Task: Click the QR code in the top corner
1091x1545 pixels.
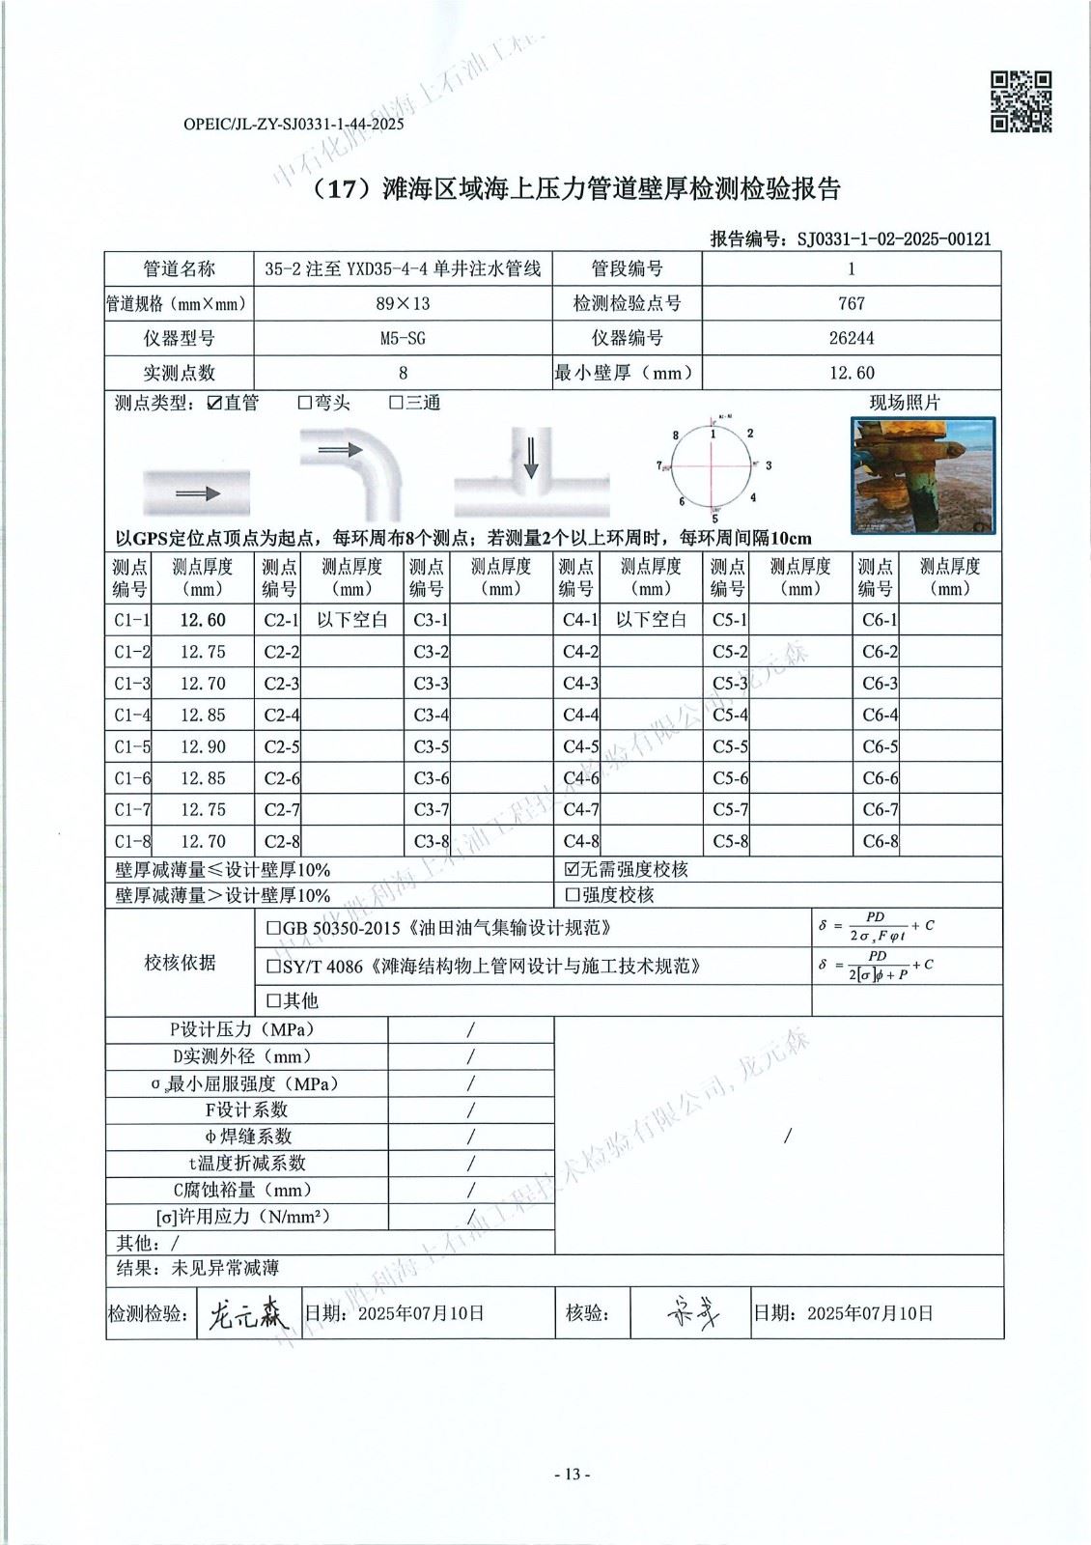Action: [x=1021, y=101]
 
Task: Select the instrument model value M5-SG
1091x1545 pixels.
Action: [x=403, y=338]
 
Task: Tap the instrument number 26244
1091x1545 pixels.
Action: [x=851, y=338]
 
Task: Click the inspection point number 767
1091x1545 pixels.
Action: [x=851, y=303]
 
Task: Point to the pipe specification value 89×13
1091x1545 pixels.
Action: [x=403, y=303]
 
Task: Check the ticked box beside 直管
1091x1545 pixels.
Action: [x=214, y=403]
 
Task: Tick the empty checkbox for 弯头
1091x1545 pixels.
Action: [x=304, y=403]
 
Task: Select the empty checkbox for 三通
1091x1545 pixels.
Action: [x=395, y=403]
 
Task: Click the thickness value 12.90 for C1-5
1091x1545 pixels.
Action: [x=203, y=746]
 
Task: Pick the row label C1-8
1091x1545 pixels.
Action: [x=131, y=841]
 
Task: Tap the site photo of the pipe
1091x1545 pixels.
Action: [x=922, y=475]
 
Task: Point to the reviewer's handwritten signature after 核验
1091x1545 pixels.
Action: [x=693, y=1313]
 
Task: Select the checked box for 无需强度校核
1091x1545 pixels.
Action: [x=572, y=869]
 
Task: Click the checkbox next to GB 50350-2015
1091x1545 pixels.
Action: [x=273, y=929]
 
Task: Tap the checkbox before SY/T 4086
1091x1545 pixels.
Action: [x=273, y=966]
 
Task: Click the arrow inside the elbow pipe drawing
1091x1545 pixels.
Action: [x=340, y=450]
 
